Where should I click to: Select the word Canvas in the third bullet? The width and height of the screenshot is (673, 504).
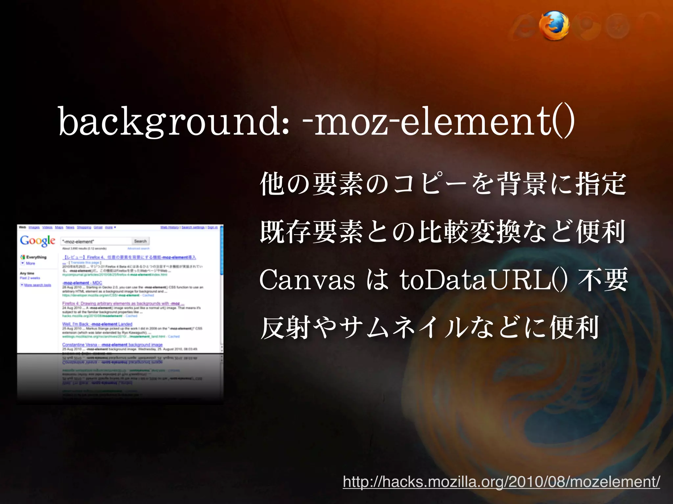[x=307, y=281]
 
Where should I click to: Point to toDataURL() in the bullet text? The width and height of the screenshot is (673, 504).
[x=483, y=281]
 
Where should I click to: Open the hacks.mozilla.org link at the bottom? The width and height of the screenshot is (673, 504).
[x=501, y=482]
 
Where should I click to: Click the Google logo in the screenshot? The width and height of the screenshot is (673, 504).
[x=37, y=241]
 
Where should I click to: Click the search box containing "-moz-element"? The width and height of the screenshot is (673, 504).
[x=96, y=241]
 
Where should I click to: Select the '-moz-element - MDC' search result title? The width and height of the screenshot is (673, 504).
[x=82, y=283]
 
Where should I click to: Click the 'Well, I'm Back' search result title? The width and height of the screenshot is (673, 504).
[x=97, y=324]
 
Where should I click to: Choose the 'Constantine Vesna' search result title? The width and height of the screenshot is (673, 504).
[x=112, y=345]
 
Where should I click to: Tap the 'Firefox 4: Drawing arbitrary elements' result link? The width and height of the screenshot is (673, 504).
[x=123, y=304]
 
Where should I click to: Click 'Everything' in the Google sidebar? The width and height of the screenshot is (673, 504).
[x=36, y=257]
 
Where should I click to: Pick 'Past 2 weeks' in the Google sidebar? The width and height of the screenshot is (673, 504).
[x=30, y=278]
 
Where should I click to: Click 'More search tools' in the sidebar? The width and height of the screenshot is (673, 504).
[x=37, y=285]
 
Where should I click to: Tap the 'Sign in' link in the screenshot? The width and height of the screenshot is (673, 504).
[x=212, y=227]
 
